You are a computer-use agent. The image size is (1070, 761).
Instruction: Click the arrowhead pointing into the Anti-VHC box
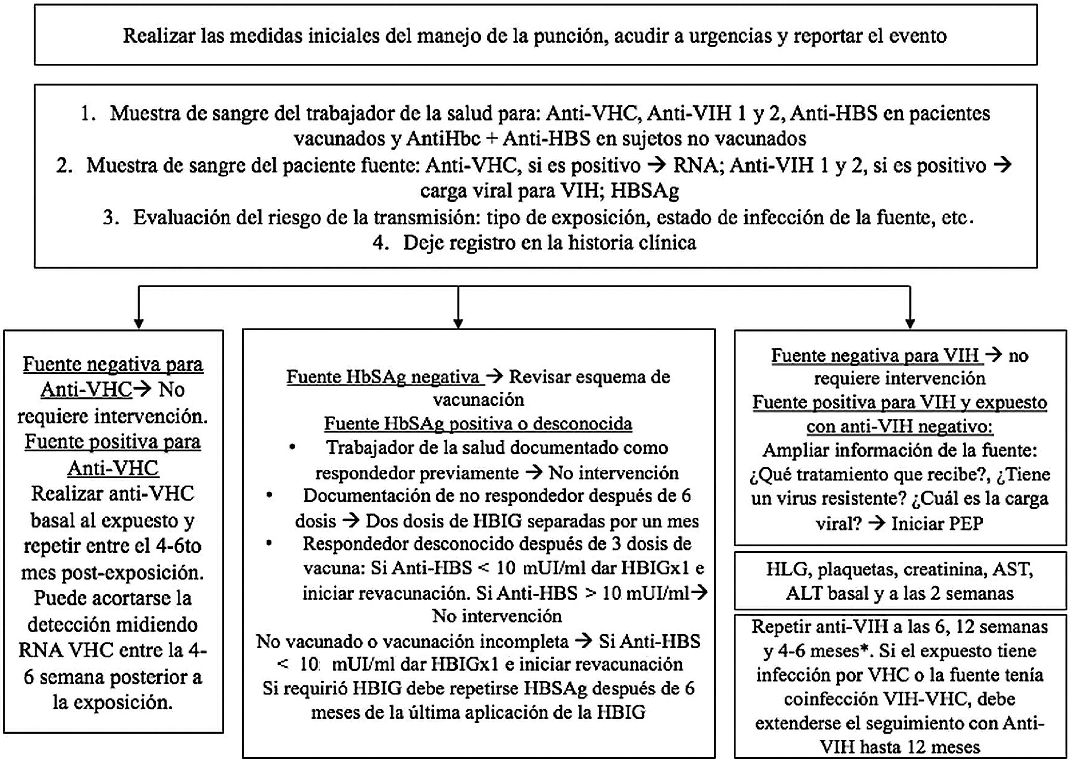[x=139, y=323]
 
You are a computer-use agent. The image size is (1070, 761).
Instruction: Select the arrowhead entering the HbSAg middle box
[x=458, y=323]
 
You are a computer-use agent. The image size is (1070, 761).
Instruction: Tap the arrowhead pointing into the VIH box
[x=910, y=323]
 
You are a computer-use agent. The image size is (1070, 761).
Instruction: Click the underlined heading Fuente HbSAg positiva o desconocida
[x=478, y=424]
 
